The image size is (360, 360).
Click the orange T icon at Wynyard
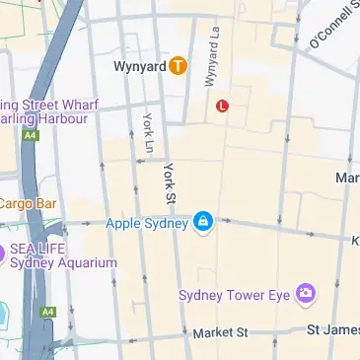click(177, 67)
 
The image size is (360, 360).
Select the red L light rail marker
click(222, 105)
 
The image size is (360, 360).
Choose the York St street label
click(170, 181)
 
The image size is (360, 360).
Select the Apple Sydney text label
click(147, 223)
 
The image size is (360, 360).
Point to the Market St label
click(220, 334)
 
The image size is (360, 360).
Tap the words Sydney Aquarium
click(63, 263)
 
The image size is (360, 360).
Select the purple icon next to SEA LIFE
click(2, 254)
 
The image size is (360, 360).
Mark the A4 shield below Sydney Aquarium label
click(46, 312)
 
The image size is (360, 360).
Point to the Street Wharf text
click(54, 105)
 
